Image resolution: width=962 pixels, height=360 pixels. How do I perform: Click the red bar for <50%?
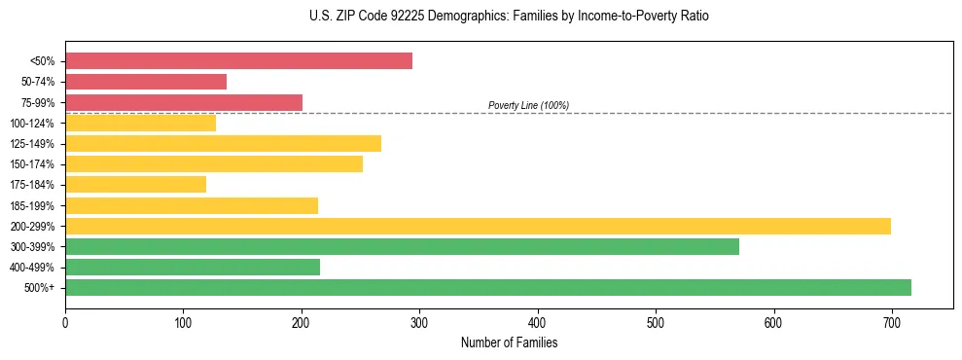[x=238, y=61]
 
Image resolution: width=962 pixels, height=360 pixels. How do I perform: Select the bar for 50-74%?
[x=146, y=82]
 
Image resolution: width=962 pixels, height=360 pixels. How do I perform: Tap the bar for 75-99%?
[x=184, y=102]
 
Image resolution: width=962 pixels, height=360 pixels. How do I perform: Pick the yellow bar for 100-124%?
[x=140, y=123]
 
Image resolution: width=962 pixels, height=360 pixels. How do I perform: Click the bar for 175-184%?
[x=135, y=185]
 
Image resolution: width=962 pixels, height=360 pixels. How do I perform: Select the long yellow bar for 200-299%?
[x=478, y=226]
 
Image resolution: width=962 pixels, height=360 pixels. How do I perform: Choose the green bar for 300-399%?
[x=402, y=246]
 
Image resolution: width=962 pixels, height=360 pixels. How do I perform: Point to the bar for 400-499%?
[x=193, y=267]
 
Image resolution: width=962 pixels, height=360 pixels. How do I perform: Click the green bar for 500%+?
[x=488, y=287]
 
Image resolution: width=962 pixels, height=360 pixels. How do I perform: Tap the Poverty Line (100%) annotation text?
[x=528, y=105]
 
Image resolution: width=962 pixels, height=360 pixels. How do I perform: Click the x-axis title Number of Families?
[x=509, y=342]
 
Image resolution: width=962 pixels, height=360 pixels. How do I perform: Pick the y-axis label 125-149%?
[x=32, y=144]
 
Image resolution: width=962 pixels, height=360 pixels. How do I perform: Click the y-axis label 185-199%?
[x=32, y=205]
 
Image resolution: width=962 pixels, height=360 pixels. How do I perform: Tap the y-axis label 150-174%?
[x=32, y=164]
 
